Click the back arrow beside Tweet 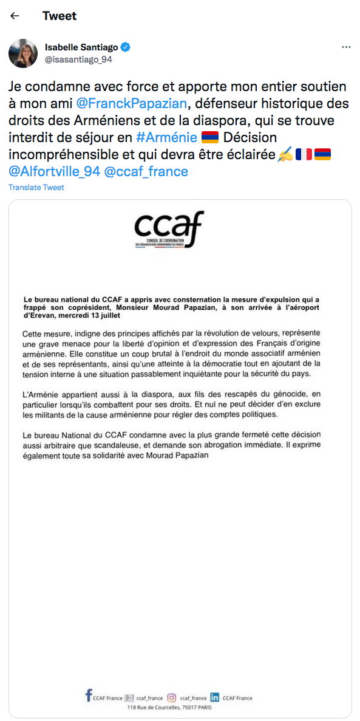[15, 16]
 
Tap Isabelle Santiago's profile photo [23, 53]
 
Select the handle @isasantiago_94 [78, 60]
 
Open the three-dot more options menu [346, 47]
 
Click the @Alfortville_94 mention [54, 171]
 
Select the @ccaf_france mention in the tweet [146, 171]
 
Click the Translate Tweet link [36, 188]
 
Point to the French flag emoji [304, 154]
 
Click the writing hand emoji [285, 154]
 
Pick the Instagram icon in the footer [172, 698]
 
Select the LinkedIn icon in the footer [214, 698]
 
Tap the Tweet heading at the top [59, 16]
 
